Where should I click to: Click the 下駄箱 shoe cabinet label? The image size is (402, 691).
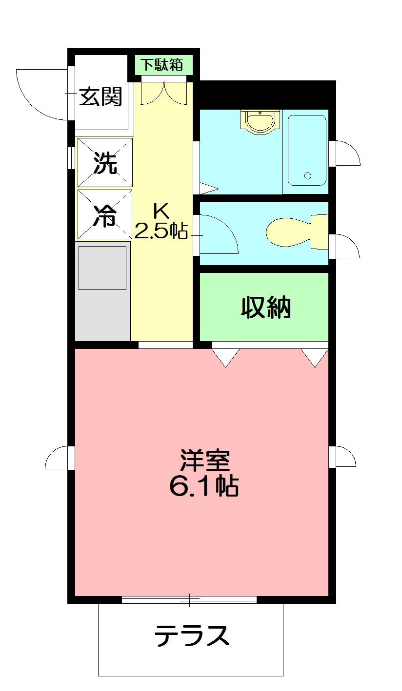(163, 64)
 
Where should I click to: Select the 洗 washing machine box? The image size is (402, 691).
(105, 162)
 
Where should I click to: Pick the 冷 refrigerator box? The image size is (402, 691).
(105, 214)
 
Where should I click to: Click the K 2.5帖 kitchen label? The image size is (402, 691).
(161, 222)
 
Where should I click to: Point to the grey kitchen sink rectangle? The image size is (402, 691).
(102, 268)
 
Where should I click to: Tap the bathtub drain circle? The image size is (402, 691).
(307, 175)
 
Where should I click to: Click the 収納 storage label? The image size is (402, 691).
(266, 307)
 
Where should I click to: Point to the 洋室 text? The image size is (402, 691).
(204, 459)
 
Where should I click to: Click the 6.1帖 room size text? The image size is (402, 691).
(203, 486)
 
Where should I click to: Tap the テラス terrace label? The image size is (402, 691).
(192, 636)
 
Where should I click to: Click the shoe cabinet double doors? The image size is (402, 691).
(163, 93)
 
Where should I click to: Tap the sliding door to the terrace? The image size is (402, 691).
(189, 600)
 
